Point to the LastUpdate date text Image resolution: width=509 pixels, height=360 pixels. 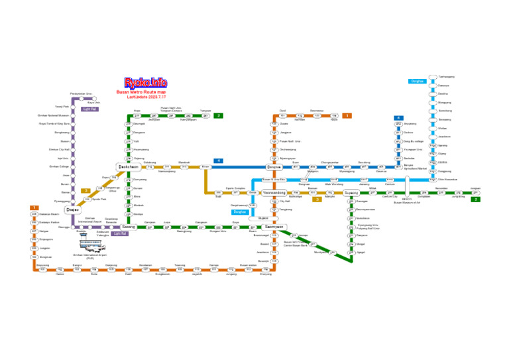click(x=145, y=97)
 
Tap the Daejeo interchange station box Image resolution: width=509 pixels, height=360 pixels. click(x=72, y=210)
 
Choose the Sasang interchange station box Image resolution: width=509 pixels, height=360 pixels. click(x=128, y=227)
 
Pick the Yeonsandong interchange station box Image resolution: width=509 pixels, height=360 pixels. click(x=274, y=193)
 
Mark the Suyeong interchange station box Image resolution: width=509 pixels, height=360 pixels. click(x=351, y=193)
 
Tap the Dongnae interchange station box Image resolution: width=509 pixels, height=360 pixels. click(x=274, y=167)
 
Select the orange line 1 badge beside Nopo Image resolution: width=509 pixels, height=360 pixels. click(x=347, y=115)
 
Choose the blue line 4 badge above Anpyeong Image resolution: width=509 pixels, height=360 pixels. click(x=398, y=117)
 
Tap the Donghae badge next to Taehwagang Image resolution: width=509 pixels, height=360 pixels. click(x=417, y=81)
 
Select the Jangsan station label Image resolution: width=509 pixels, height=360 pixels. click(x=475, y=188)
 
